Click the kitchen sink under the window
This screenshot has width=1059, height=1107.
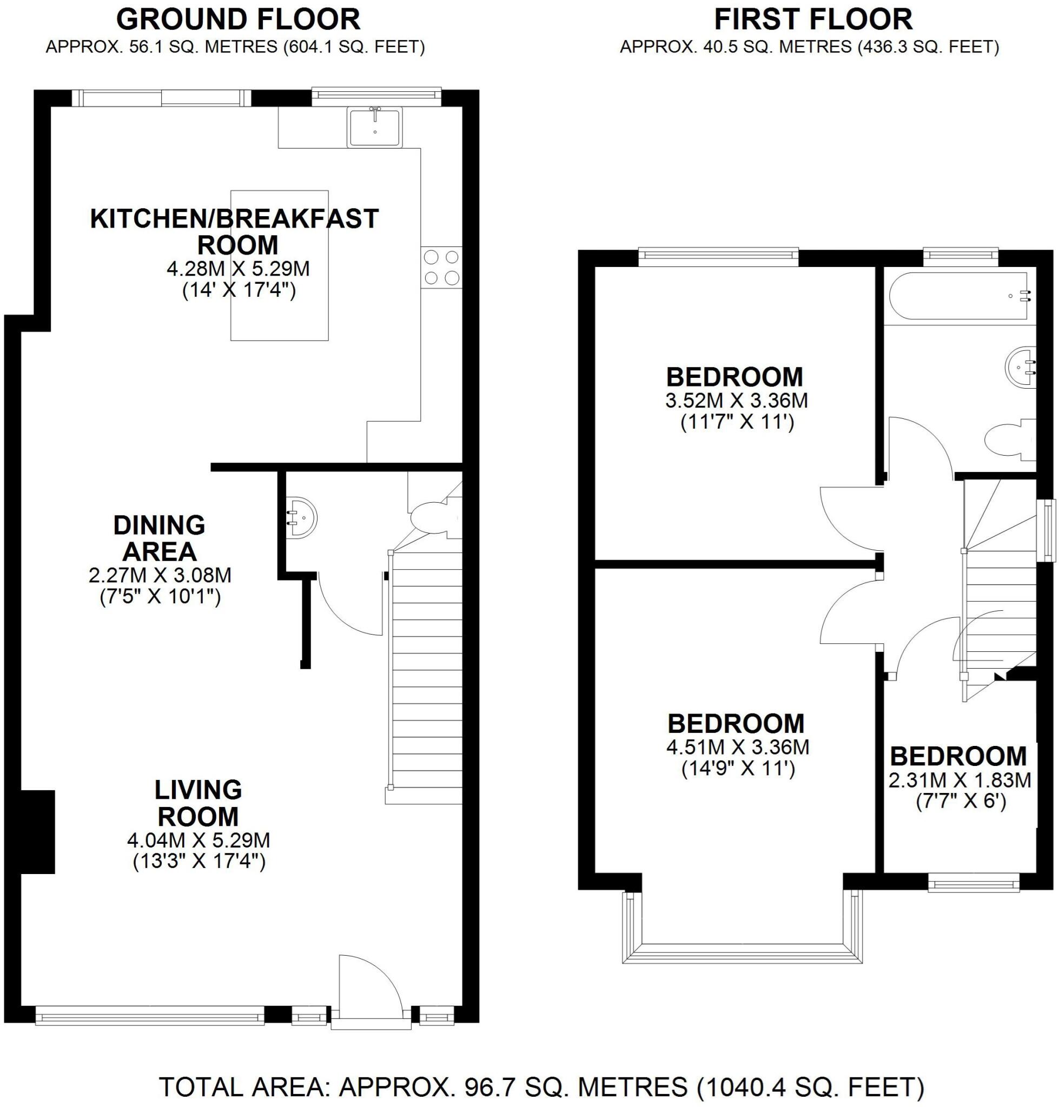coord(374,128)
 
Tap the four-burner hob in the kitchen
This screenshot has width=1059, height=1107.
coord(441,268)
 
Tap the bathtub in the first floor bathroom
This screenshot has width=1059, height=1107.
coord(960,296)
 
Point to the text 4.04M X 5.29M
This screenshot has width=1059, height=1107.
coord(198,840)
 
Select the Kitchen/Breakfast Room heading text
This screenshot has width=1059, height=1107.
coord(235,231)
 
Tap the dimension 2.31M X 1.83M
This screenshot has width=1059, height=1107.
coord(959,780)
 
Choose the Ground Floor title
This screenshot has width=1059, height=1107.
coord(237,21)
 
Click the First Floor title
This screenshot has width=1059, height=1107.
coord(812,21)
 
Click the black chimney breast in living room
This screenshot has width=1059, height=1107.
coord(37,832)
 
